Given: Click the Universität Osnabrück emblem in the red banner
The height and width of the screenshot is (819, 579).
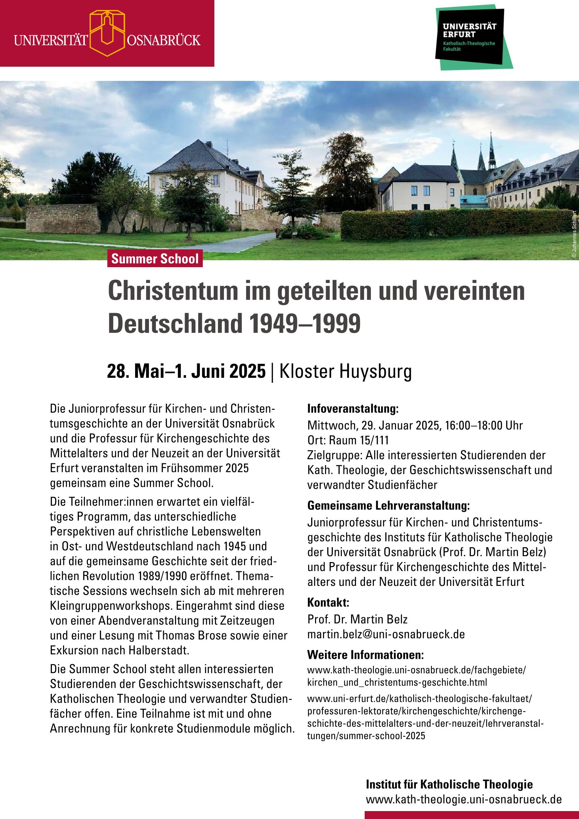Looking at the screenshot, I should pyautogui.click(x=107, y=33).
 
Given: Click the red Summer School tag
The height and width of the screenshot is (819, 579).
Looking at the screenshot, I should pyautogui.click(x=155, y=258).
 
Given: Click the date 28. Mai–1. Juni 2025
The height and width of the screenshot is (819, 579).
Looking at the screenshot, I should pyautogui.click(x=186, y=371).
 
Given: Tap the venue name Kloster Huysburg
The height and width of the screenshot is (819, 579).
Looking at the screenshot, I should pyautogui.click(x=345, y=371).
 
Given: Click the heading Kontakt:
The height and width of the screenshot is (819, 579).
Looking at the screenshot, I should pyautogui.click(x=328, y=602).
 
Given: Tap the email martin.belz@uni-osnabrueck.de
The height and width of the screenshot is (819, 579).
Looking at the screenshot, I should pyautogui.click(x=386, y=634).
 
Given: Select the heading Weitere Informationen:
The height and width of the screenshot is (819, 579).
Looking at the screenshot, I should pyautogui.click(x=365, y=655).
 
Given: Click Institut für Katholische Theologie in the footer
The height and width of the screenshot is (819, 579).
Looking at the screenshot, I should pyautogui.click(x=449, y=784).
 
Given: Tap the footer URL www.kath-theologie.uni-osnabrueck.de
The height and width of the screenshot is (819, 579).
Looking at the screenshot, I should pyautogui.click(x=463, y=800).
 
